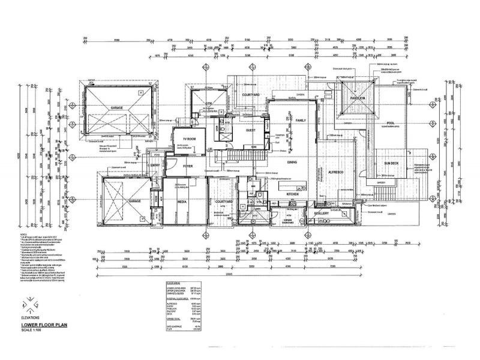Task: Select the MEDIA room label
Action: tap(182, 202)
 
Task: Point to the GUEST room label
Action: tap(251, 130)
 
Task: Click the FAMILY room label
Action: tap(301, 121)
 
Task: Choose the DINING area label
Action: tap(292, 162)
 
